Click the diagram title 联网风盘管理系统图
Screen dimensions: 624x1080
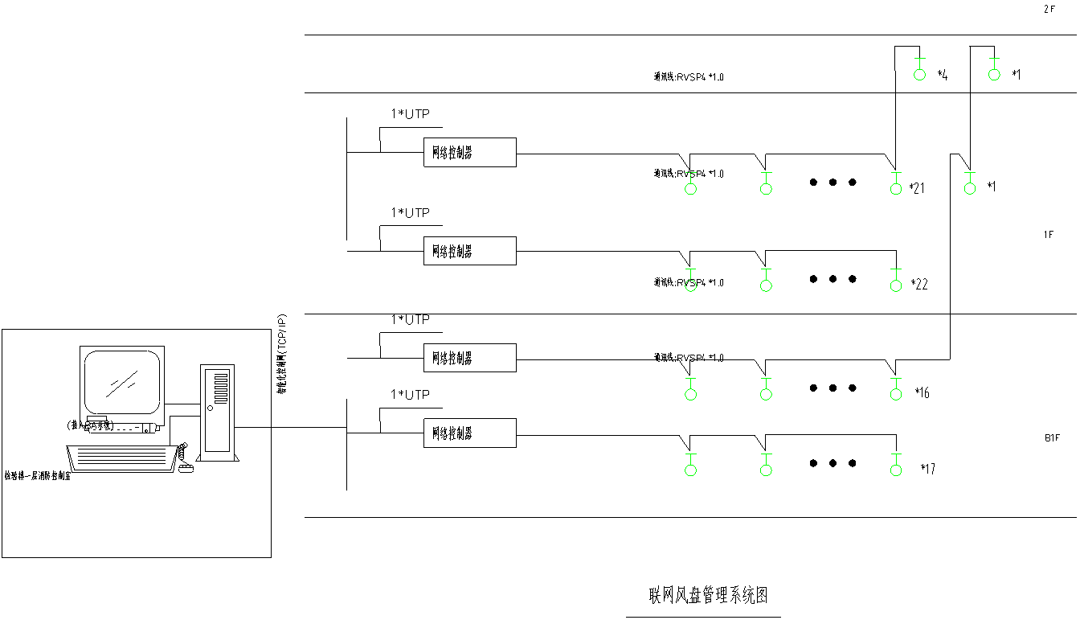708,596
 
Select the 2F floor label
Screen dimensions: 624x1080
1049,9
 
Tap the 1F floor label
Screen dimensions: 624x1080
1048,235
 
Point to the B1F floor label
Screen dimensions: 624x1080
1051,438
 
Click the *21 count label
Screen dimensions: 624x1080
917,188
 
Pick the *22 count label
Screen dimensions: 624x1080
919,285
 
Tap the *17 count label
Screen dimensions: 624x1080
927,469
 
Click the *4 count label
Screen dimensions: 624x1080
942,75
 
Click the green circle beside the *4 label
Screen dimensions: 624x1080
920,75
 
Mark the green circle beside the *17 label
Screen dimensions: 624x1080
896,470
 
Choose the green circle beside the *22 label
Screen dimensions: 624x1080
896,285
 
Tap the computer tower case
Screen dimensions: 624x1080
217,413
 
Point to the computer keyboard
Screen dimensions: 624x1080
123,458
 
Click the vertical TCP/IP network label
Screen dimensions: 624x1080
282,355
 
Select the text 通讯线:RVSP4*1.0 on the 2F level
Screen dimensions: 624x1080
689,77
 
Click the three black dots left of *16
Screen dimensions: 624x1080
832,388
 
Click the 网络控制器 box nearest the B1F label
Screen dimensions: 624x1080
469,433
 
